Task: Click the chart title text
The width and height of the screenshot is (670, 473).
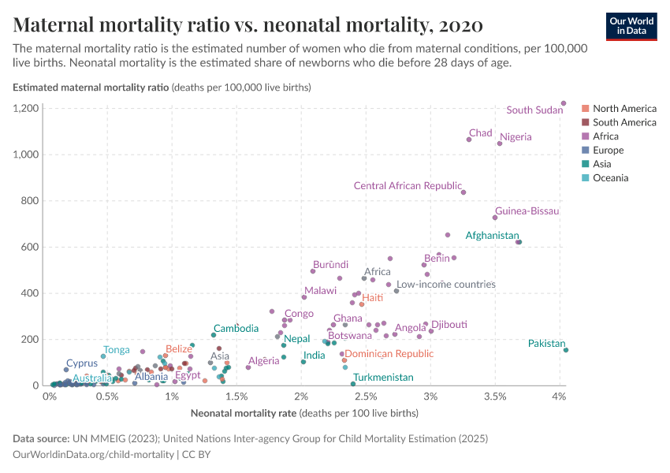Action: pyautogui.click(x=248, y=24)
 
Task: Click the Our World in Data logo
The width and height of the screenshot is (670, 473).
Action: pyautogui.click(x=633, y=25)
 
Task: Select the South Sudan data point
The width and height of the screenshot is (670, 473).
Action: pyautogui.click(x=564, y=103)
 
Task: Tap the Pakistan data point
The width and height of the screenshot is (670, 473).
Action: pyautogui.click(x=566, y=350)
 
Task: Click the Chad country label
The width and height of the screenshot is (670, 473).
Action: pyautogui.click(x=480, y=132)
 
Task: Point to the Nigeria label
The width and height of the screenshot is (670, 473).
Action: pyautogui.click(x=516, y=137)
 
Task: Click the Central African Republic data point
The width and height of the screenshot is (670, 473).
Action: pyautogui.click(x=463, y=192)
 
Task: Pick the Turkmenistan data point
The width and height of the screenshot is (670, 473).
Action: pyautogui.click(x=353, y=384)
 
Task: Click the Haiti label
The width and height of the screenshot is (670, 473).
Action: pyautogui.click(x=372, y=297)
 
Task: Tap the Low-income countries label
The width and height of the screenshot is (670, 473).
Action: pyautogui.click(x=445, y=285)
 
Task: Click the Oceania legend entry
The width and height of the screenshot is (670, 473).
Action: pyautogui.click(x=610, y=178)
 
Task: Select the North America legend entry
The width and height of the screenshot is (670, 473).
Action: pyautogui.click(x=623, y=108)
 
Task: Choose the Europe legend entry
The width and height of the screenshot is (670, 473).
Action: pyautogui.click(x=608, y=150)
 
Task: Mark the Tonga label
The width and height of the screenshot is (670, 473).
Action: pyautogui.click(x=117, y=350)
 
